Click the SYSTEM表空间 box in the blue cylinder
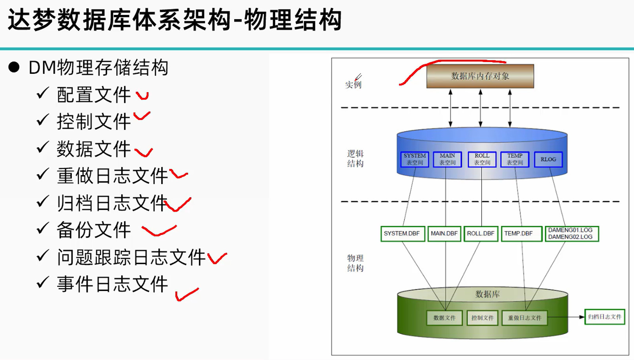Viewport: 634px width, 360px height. click(x=415, y=159)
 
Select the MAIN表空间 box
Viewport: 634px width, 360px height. click(x=447, y=159)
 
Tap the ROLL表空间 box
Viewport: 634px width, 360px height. click(x=482, y=159)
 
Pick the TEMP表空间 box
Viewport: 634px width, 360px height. click(x=515, y=159)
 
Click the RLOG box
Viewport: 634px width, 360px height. click(x=548, y=159)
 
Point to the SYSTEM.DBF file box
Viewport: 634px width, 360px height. click(x=403, y=234)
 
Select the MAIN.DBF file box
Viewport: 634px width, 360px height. click(x=444, y=234)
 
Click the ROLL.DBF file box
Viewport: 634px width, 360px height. click(x=481, y=234)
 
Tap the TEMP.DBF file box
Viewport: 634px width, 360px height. click(x=521, y=234)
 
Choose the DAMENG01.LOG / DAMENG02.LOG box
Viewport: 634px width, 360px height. click(x=572, y=234)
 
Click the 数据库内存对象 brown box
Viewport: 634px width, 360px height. click(x=480, y=76)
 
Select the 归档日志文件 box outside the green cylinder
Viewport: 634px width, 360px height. click(x=605, y=317)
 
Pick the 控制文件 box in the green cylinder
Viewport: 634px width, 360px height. click(x=482, y=318)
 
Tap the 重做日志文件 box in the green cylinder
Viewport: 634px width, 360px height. click(x=525, y=318)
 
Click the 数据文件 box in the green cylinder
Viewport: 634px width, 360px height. click(x=445, y=318)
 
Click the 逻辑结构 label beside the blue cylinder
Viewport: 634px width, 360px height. click(x=355, y=159)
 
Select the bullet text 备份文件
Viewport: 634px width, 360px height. click(x=94, y=230)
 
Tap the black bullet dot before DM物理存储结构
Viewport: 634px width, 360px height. click(x=14, y=67)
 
